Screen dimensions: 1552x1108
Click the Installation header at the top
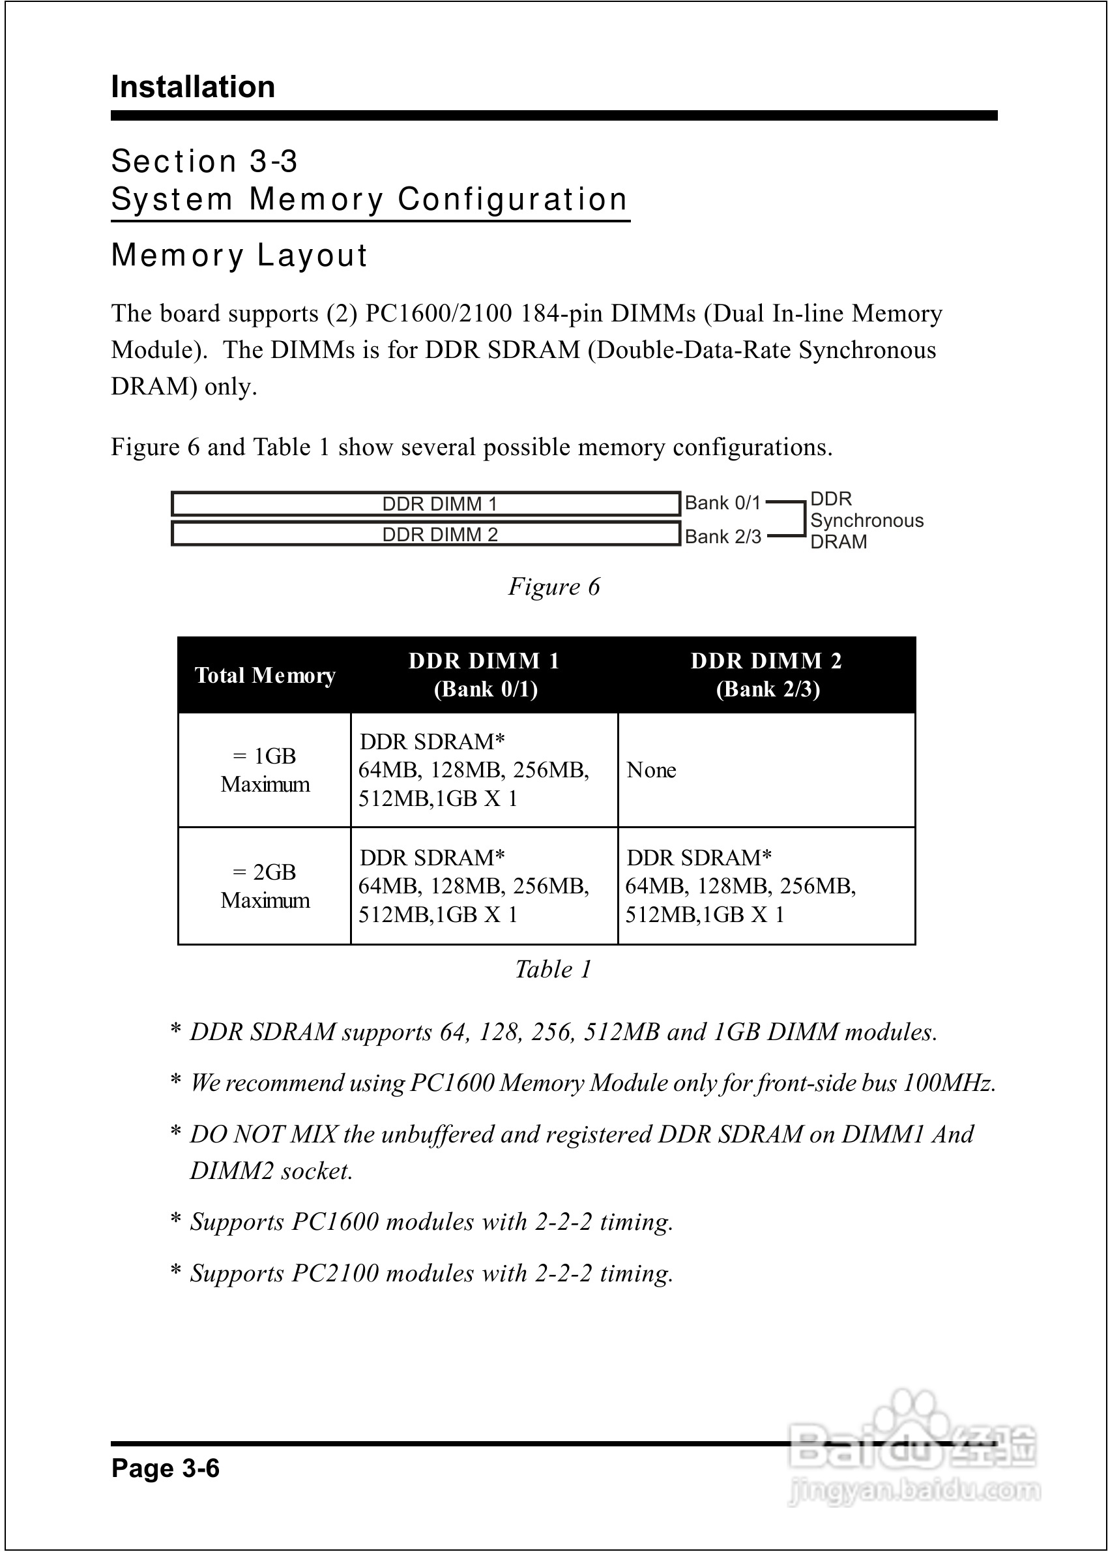point(193,87)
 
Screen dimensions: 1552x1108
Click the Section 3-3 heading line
point(204,162)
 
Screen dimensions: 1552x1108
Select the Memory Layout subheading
point(239,255)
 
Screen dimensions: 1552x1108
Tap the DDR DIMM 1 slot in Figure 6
point(426,503)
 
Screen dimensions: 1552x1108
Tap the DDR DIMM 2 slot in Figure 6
point(426,533)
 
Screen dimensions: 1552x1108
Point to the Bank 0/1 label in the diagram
point(722,503)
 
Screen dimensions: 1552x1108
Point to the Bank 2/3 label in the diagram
point(723,537)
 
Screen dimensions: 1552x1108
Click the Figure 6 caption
point(553,586)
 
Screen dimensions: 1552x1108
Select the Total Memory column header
point(265,675)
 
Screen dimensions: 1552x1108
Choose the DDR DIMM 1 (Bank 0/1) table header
point(484,674)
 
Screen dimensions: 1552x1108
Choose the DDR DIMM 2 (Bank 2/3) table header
point(766,674)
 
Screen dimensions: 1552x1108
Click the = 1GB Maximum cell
point(265,770)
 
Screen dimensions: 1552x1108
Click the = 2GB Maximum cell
point(265,886)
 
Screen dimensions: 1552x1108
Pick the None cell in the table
point(652,770)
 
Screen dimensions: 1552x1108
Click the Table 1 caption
point(553,969)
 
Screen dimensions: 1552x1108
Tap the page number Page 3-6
point(165,1468)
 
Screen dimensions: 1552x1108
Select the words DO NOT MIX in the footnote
point(263,1133)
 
